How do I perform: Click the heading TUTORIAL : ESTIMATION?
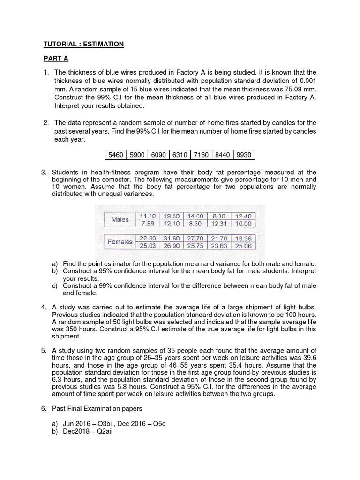[x=83, y=44]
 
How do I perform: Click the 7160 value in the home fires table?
[x=200, y=155]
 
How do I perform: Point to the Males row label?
[x=120, y=219]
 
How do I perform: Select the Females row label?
[x=120, y=242]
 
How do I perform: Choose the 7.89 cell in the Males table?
[x=148, y=224]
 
